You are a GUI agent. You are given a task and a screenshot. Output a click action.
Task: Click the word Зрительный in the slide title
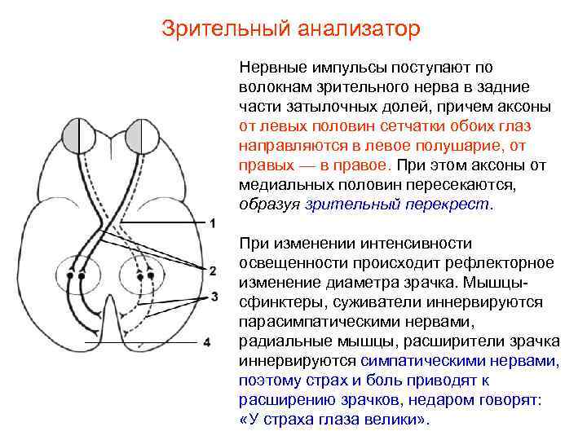[214, 29]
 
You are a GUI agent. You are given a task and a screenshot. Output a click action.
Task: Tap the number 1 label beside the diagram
[213, 223]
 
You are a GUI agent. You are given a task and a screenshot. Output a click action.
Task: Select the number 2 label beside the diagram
[213, 270]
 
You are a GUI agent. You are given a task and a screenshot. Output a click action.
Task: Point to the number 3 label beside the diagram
[214, 296]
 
